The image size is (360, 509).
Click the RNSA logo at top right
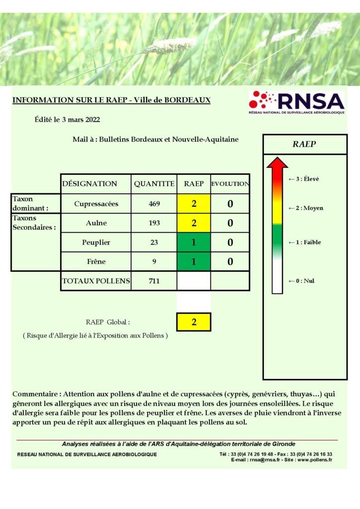click(296, 103)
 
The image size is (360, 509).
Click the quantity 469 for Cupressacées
click(154, 204)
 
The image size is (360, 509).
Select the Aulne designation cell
click(96, 223)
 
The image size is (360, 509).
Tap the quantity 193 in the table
click(154, 223)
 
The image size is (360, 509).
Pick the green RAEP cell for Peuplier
click(194, 243)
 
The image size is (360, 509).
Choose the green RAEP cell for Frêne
click(194, 261)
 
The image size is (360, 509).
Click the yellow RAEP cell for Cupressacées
click(194, 204)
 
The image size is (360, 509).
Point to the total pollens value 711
click(154, 281)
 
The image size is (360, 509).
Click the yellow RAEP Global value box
click(194, 322)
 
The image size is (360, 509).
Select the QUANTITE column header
click(154, 183)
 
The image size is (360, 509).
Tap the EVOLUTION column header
click(230, 183)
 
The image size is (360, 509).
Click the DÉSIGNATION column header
click(90, 183)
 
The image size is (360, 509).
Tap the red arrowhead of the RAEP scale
click(277, 163)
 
